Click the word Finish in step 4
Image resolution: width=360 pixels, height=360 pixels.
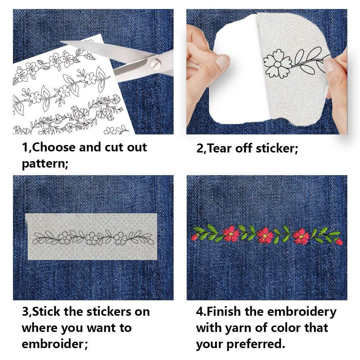pos(224,311)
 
